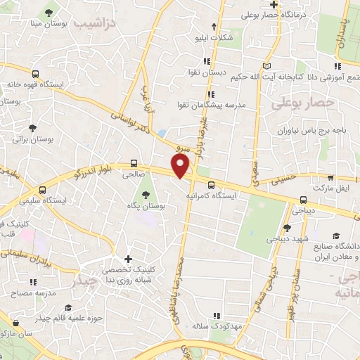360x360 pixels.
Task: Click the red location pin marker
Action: click(181, 165)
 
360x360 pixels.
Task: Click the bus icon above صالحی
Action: click(134, 161)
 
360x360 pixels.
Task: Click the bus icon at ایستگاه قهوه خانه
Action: click(35, 73)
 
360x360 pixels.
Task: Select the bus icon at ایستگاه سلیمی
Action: click(44, 191)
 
